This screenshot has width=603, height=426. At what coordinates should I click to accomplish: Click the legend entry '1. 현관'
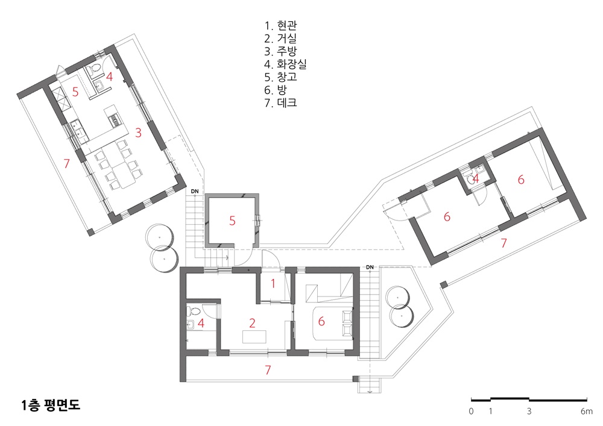[280, 26]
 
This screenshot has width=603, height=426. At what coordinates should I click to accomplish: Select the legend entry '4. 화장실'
[285, 64]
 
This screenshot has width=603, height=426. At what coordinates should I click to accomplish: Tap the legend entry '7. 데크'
[280, 102]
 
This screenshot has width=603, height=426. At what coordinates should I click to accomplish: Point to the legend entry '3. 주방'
[280, 51]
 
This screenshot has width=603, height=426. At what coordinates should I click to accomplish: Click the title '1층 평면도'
[51, 406]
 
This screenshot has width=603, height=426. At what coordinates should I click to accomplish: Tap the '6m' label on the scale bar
[587, 412]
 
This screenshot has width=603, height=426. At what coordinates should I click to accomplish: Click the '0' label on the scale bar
[471, 412]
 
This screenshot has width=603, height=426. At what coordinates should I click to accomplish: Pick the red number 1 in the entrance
[273, 284]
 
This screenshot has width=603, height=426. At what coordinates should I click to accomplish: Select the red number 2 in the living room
[252, 323]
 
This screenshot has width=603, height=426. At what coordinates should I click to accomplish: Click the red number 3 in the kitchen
[139, 133]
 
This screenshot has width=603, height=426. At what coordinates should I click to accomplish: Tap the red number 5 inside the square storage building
[232, 221]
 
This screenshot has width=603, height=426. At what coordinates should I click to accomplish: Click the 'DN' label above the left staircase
[195, 191]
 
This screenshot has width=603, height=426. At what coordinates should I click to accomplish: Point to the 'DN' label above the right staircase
[370, 267]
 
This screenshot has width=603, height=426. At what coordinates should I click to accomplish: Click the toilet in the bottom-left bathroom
[193, 311]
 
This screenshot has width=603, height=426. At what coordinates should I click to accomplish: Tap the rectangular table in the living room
[254, 336]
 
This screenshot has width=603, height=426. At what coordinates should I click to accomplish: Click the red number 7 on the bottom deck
[268, 369]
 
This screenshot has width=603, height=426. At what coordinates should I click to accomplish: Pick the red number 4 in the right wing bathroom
[476, 178]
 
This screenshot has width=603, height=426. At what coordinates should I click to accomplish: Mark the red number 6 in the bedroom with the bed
[321, 321]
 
